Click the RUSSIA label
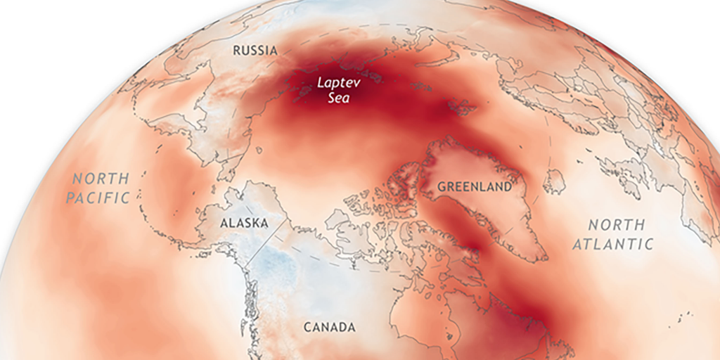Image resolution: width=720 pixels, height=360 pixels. pos(256,51)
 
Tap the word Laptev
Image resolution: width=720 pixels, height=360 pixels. pos(332,82)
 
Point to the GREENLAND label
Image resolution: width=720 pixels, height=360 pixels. pos(474,187)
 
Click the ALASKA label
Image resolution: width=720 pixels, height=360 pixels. pos(244,223)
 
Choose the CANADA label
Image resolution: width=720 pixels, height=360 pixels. pos(329,327)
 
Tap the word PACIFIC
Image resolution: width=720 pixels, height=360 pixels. pos(98,198)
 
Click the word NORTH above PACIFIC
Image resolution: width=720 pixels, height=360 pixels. pos(102,179)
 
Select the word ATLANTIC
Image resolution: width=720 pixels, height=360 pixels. pos(612,244)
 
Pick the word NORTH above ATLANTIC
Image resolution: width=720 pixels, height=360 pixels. pos(616,225)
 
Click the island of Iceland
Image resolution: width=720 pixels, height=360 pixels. pos(554,181)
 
